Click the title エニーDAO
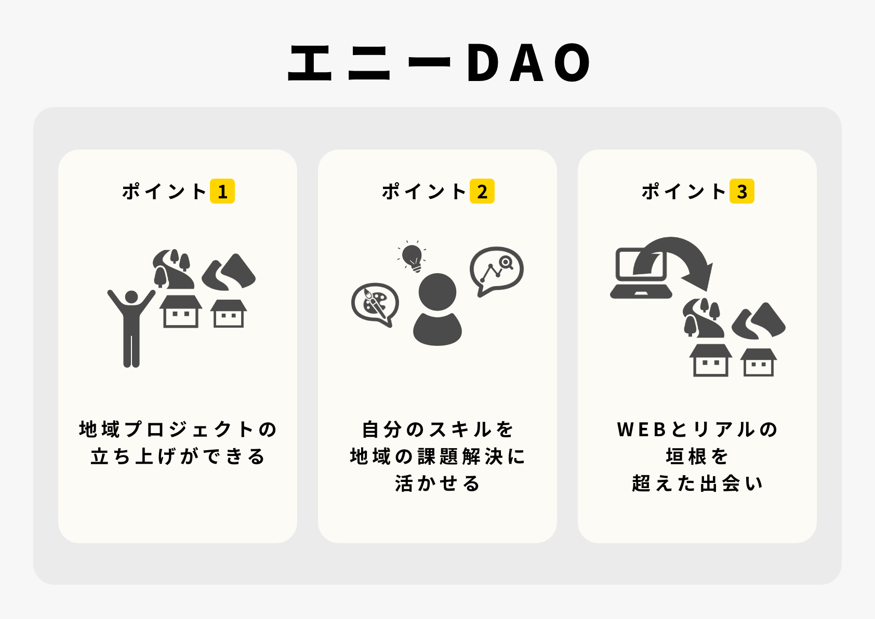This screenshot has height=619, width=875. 440,62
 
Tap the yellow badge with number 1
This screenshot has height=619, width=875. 222,191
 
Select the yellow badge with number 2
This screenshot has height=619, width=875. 482,191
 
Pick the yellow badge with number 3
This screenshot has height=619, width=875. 742,191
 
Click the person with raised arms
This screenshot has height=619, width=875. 131,328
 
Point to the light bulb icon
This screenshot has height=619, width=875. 412,257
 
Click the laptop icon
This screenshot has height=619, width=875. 641,273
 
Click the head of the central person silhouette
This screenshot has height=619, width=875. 437,292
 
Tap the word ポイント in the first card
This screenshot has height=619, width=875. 164,192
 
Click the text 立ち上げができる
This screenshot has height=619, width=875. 178,456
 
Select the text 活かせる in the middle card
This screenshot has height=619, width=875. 437,483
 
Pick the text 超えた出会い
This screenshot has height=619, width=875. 697,483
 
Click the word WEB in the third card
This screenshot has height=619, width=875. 641,429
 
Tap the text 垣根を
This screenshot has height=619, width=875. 697,456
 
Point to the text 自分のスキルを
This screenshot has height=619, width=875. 437,429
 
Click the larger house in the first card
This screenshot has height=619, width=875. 180,311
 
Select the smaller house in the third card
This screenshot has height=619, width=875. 759,362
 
